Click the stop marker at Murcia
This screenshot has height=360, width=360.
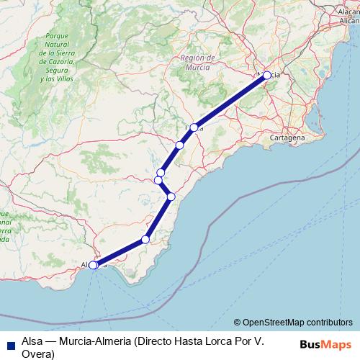click(x=266, y=75)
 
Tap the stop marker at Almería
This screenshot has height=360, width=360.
click(x=93, y=265)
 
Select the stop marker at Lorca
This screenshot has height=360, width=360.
click(x=194, y=127)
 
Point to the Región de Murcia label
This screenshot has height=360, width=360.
click(x=199, y=61)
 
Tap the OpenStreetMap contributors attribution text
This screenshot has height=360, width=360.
click(x=297, y=323)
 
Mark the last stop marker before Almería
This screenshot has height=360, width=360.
click(x=145, y=239)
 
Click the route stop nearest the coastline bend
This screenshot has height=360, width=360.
click(x=171, y=196)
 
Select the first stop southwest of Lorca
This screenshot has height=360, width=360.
click(x=179, y=145)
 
